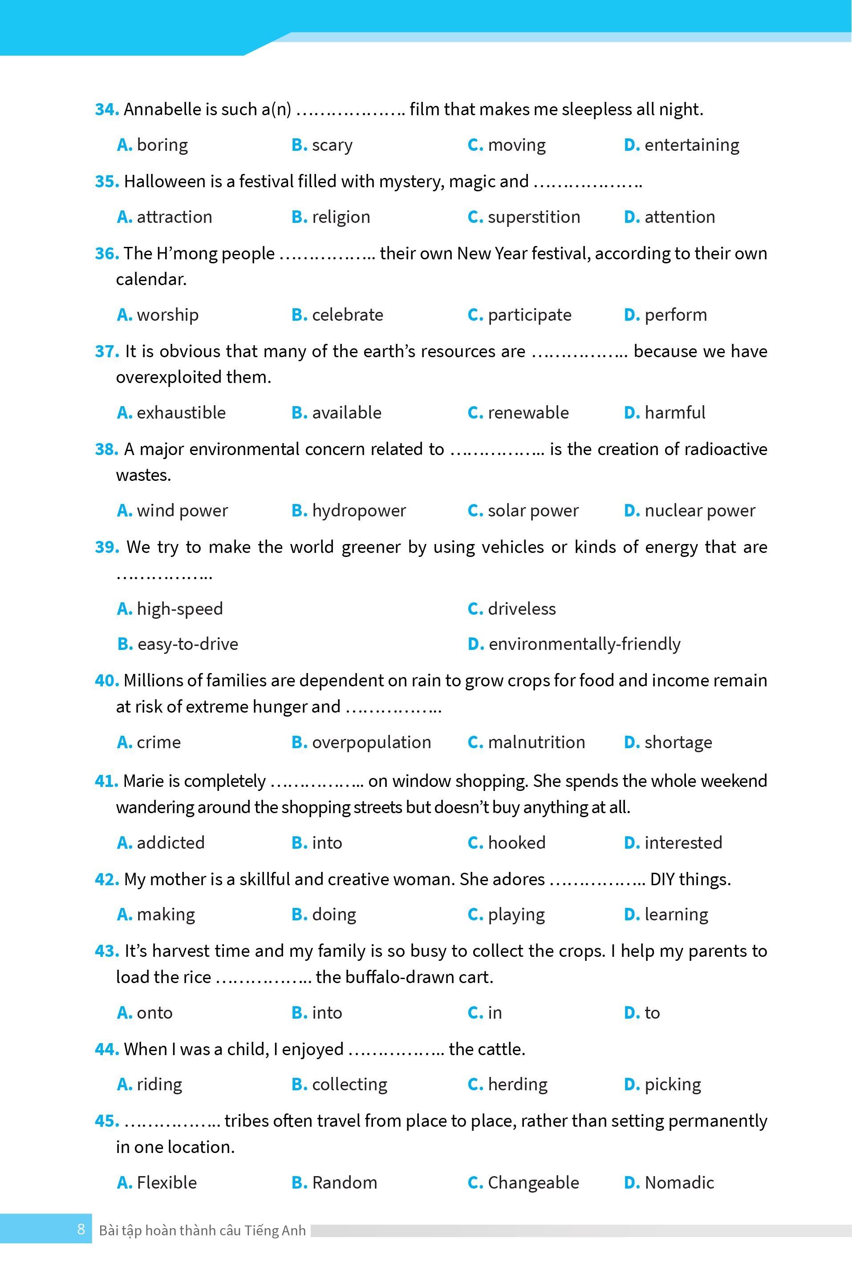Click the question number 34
point(106,110)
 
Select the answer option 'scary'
point(332,145)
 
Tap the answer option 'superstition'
point(534,217)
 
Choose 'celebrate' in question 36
point(347,315)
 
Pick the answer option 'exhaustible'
point(181,413)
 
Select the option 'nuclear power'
point(699,511)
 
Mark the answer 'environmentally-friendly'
point(584,644)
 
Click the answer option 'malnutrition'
point(536,742)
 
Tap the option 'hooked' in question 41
point(516,843)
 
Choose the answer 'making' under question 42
point(166,915)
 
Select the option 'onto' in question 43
point(154,1013)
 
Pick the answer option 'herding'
point(517,1084)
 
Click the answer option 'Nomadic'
point(679,1183)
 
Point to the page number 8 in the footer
point(81,1230)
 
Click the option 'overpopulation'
point(371,742)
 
